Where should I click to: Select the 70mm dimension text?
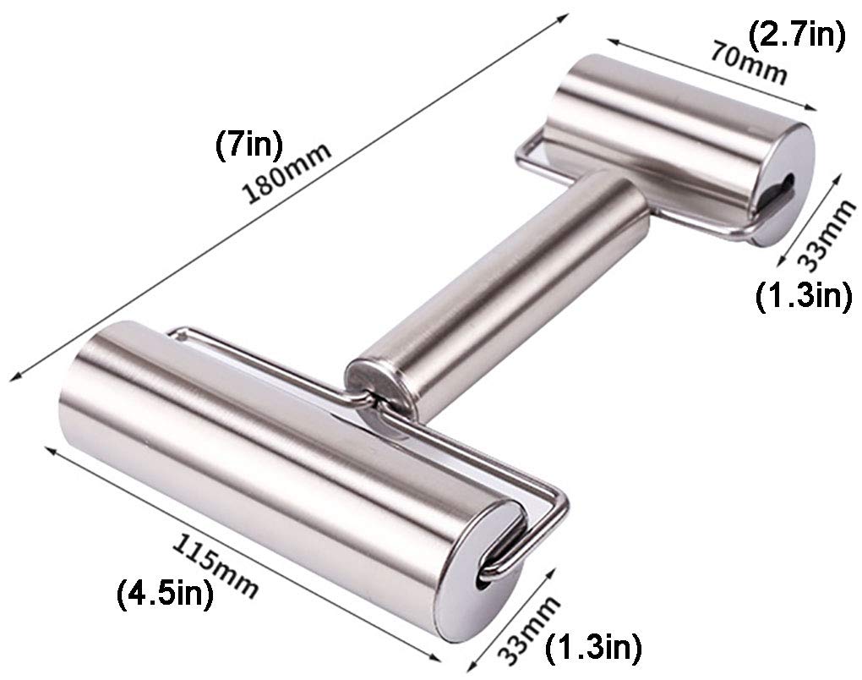click(x=747, y=64)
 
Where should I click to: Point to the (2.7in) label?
click(x=796, y=36)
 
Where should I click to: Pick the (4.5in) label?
click(x=163, y=592)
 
